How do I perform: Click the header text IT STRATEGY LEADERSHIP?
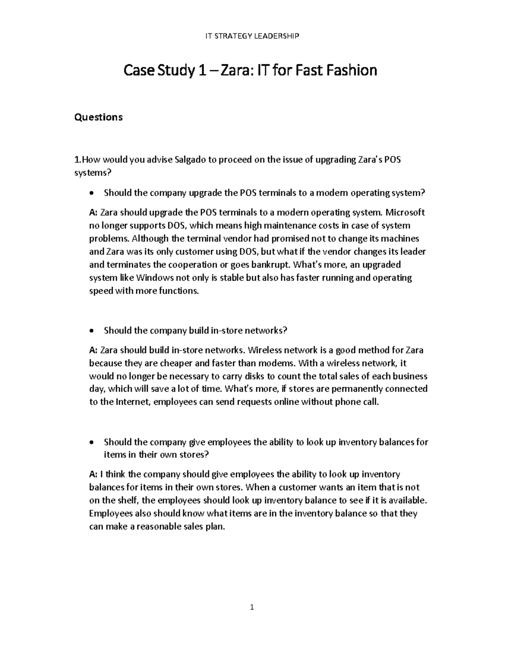click(252, 36)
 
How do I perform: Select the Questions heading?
click(98, 117)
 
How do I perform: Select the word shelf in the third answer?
click(129, 500)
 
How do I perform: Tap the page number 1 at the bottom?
click(252, 607)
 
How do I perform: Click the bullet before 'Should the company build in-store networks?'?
click(92, 331)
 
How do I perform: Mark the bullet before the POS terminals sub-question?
click(92, 194)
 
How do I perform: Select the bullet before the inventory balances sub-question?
click(92, 443)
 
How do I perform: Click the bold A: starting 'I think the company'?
click(93, 474)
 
